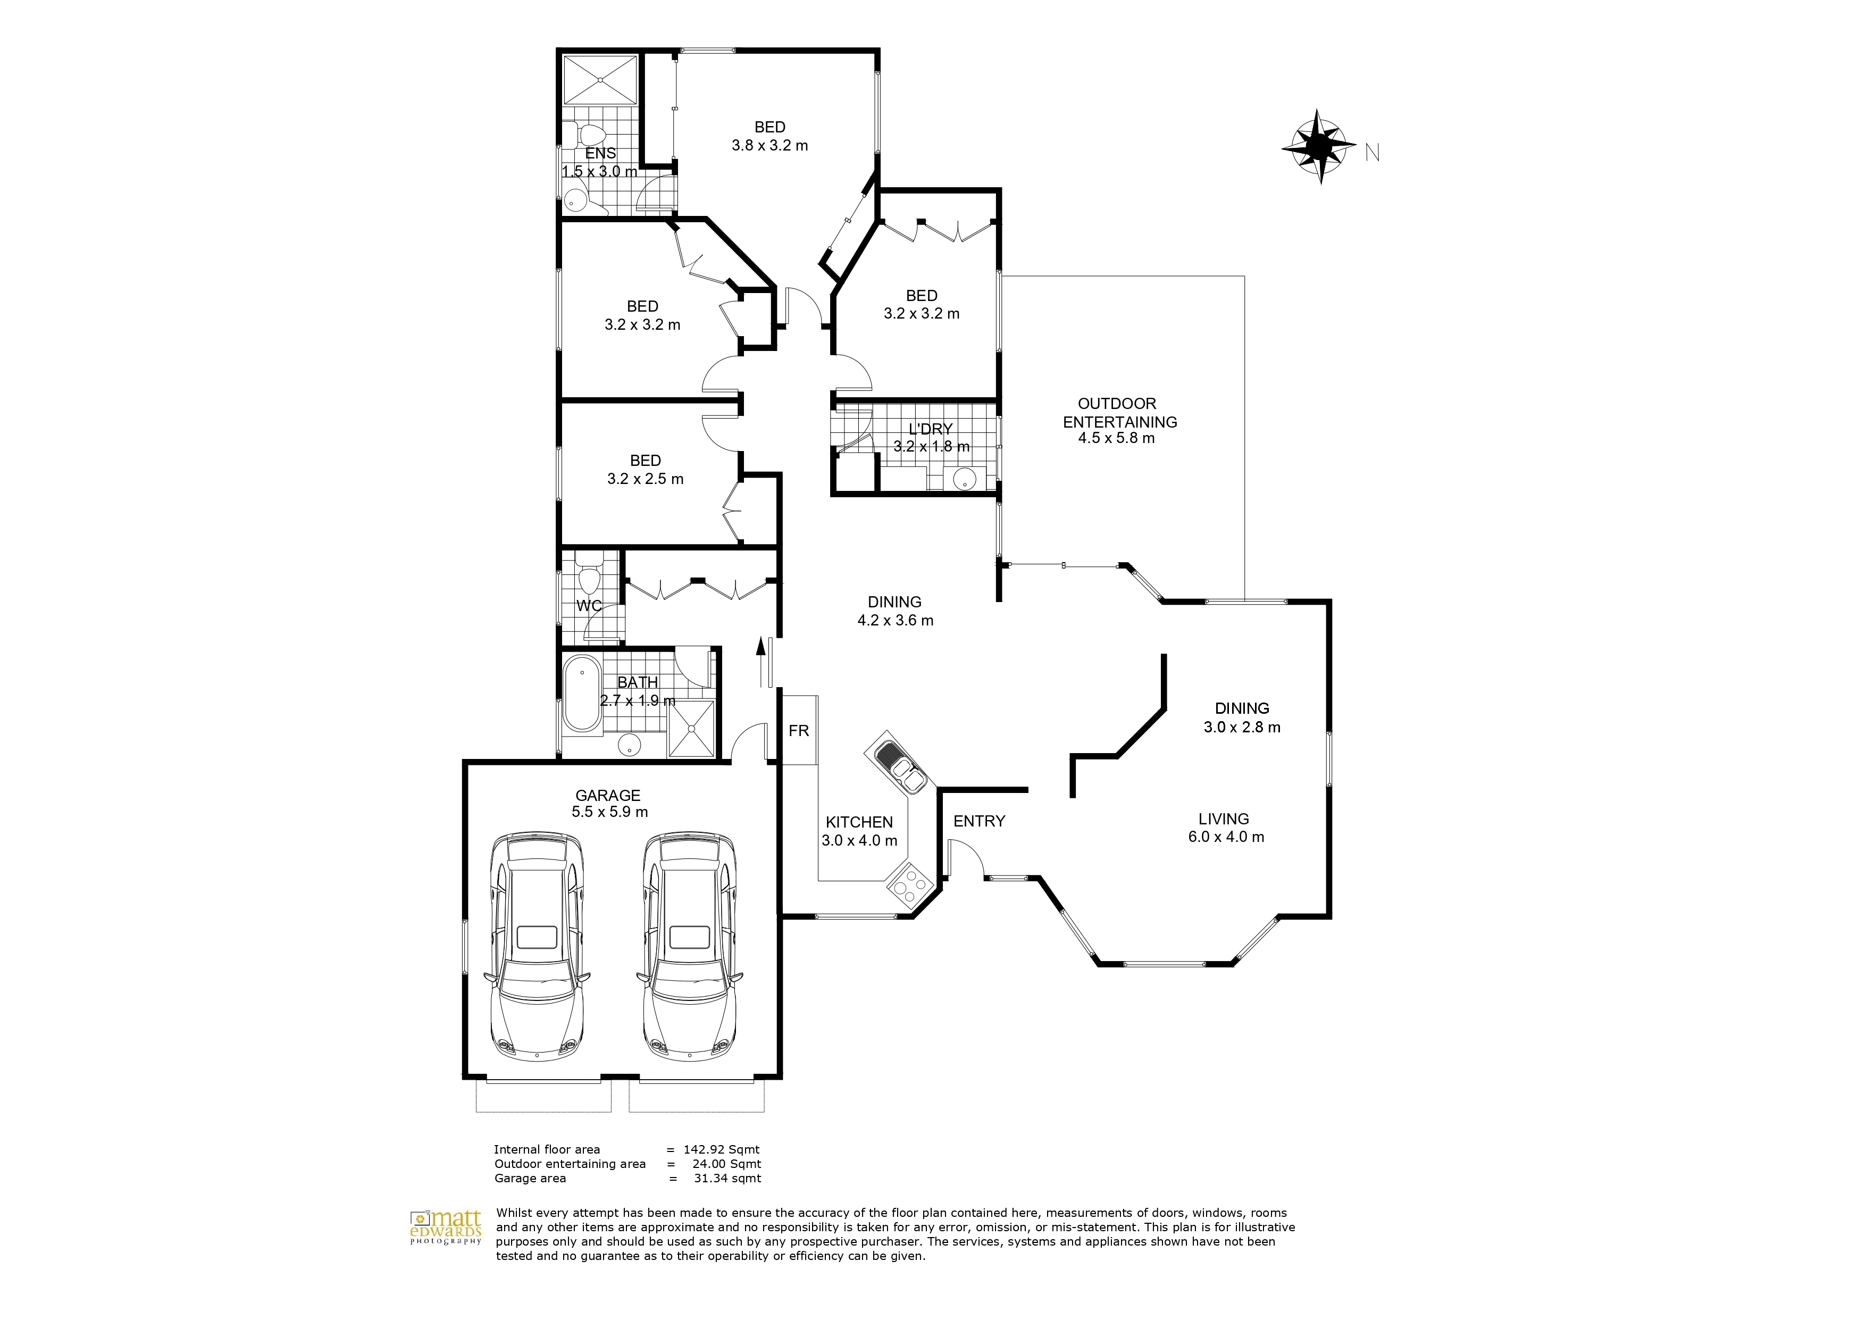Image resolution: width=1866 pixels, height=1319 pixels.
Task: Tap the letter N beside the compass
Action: click(1372, 153)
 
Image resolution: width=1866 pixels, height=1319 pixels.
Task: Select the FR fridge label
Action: click(798, 731)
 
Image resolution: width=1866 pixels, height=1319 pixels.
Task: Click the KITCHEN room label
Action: click(859, 822)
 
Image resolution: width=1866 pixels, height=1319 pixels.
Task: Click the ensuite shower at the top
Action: click(600, 80)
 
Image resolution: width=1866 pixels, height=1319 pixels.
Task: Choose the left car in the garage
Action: click(537, 946)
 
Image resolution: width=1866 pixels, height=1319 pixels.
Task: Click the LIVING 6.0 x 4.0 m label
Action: click(1225, 828)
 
